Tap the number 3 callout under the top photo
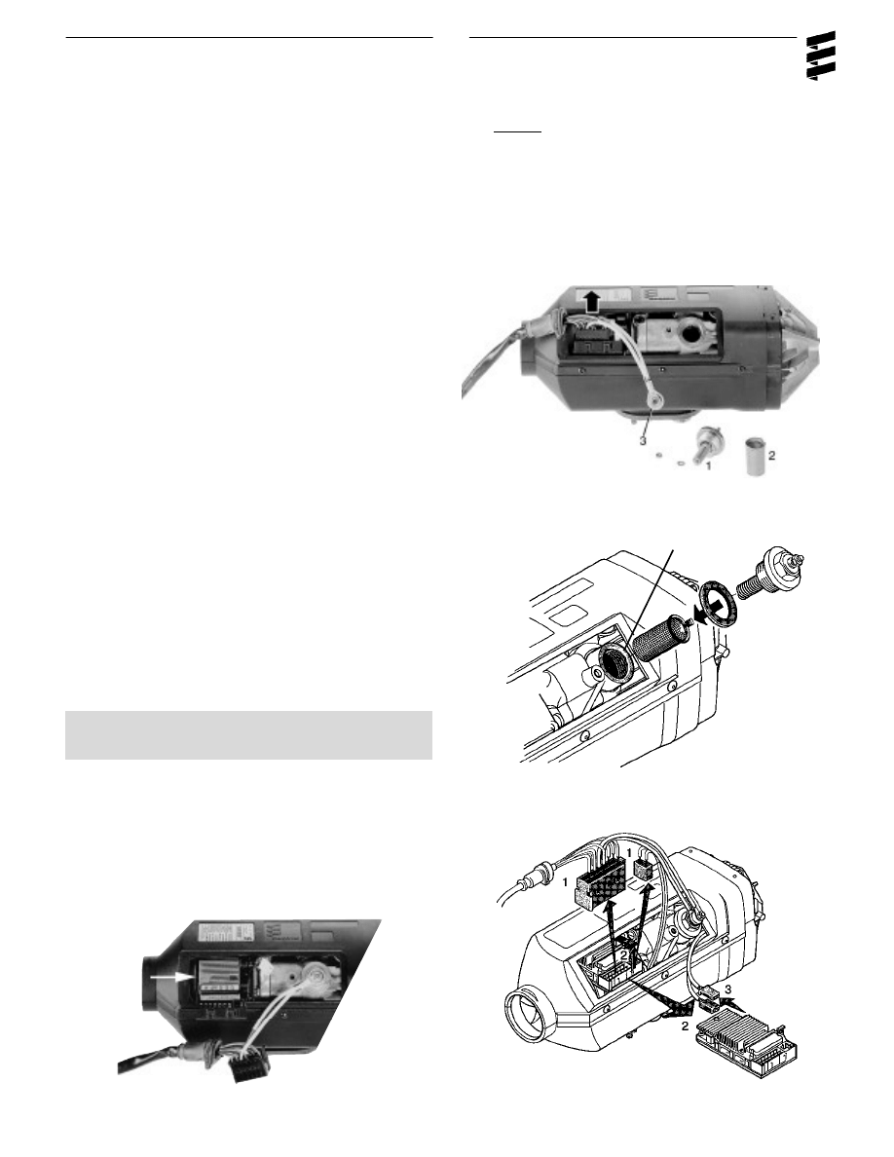644,440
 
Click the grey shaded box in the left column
248,734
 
